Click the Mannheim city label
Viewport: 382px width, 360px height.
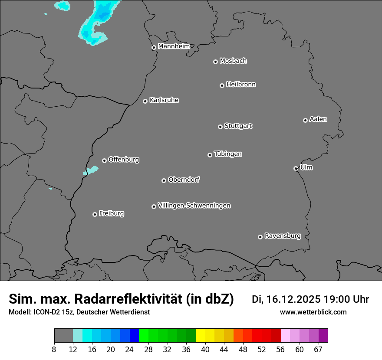(174, 46)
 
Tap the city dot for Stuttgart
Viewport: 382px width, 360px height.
(220, 127)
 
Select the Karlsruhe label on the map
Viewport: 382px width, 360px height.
(164, 100)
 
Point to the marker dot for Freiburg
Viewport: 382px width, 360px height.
(95, 214)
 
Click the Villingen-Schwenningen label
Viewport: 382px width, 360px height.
(194, 206)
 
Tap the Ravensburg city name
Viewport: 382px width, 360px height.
(283, 236)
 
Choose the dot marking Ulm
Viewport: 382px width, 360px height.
(296, 168)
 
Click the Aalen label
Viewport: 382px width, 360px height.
(318, 119)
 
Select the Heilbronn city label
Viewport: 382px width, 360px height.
(241, 85)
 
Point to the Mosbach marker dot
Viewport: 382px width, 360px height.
(215, 62)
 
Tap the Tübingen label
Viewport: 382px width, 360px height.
(228, 154)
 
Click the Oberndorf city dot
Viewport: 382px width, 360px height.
(164, 180)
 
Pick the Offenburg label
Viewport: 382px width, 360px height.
(124, 160)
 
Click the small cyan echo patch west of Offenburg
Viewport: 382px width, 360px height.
(91, 170)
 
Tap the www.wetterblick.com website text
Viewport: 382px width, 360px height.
(313, 312)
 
